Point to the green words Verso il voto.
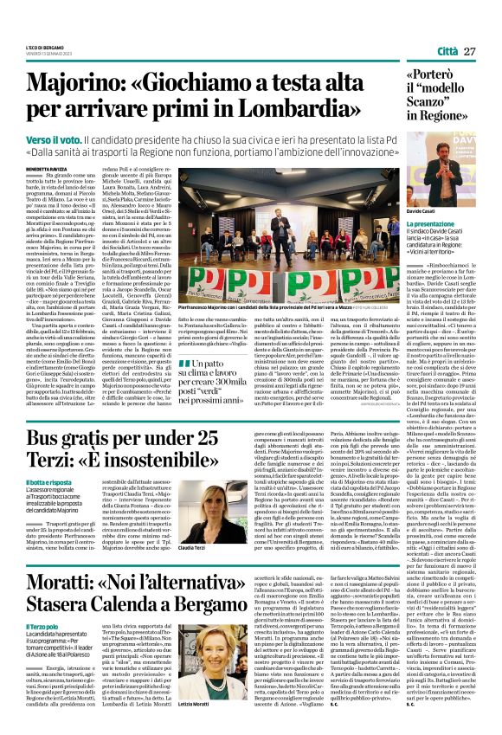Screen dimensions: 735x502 click(56, 139)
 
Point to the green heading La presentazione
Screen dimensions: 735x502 click(431, 224)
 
